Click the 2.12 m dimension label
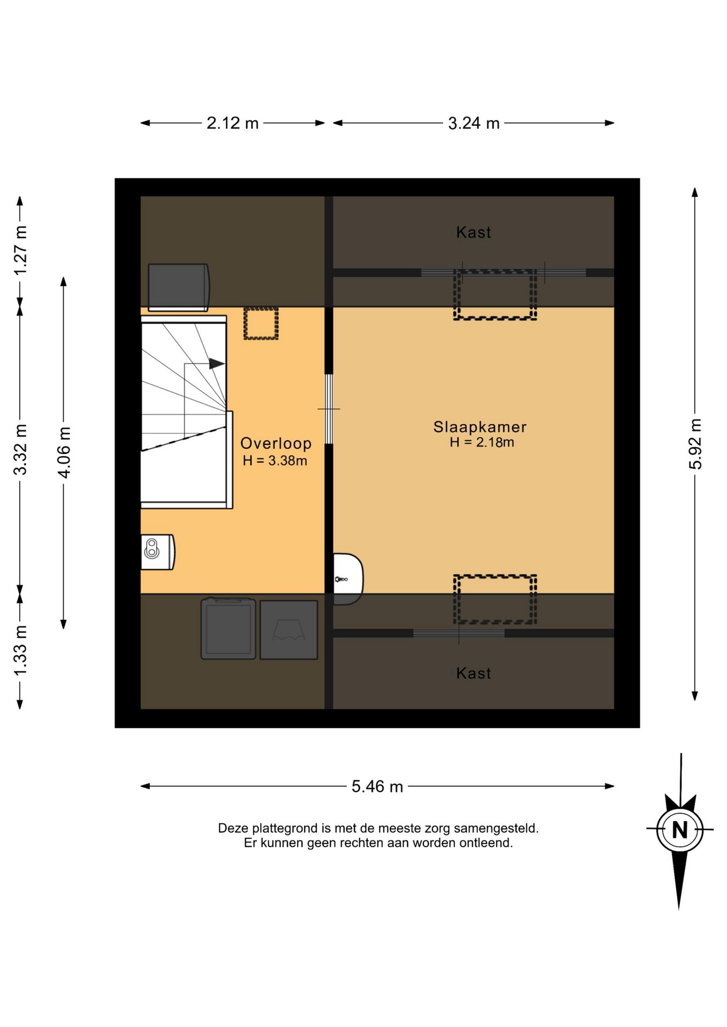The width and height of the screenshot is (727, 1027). tap(232, 123)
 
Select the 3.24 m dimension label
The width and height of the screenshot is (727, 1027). tap(474, 123)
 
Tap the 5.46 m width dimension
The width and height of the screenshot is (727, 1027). tap(377, 786)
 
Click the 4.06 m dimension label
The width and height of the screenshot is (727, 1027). tap(64, 453)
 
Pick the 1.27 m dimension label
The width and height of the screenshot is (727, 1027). tap(20, 250)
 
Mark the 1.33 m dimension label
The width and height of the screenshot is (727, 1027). tap(20, 650)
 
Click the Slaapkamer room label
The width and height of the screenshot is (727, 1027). tap(480, 427)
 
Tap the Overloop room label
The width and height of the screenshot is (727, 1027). tap(276, 443)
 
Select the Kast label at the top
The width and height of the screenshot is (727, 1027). tap(474, 232)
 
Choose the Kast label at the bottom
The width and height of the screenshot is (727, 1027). tap(474, 673)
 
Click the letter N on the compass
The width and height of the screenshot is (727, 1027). tap(680, 830)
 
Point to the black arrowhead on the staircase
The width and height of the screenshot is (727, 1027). tap(216, 364)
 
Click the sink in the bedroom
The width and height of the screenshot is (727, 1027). tap(347, 579)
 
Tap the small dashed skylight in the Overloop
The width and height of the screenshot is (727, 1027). tap(261, 323)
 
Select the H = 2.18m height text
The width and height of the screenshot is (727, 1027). tap(482, 442)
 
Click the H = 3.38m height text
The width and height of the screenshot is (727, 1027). tap(275, 461)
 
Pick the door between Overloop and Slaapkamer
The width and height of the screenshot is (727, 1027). tap(329, 409)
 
